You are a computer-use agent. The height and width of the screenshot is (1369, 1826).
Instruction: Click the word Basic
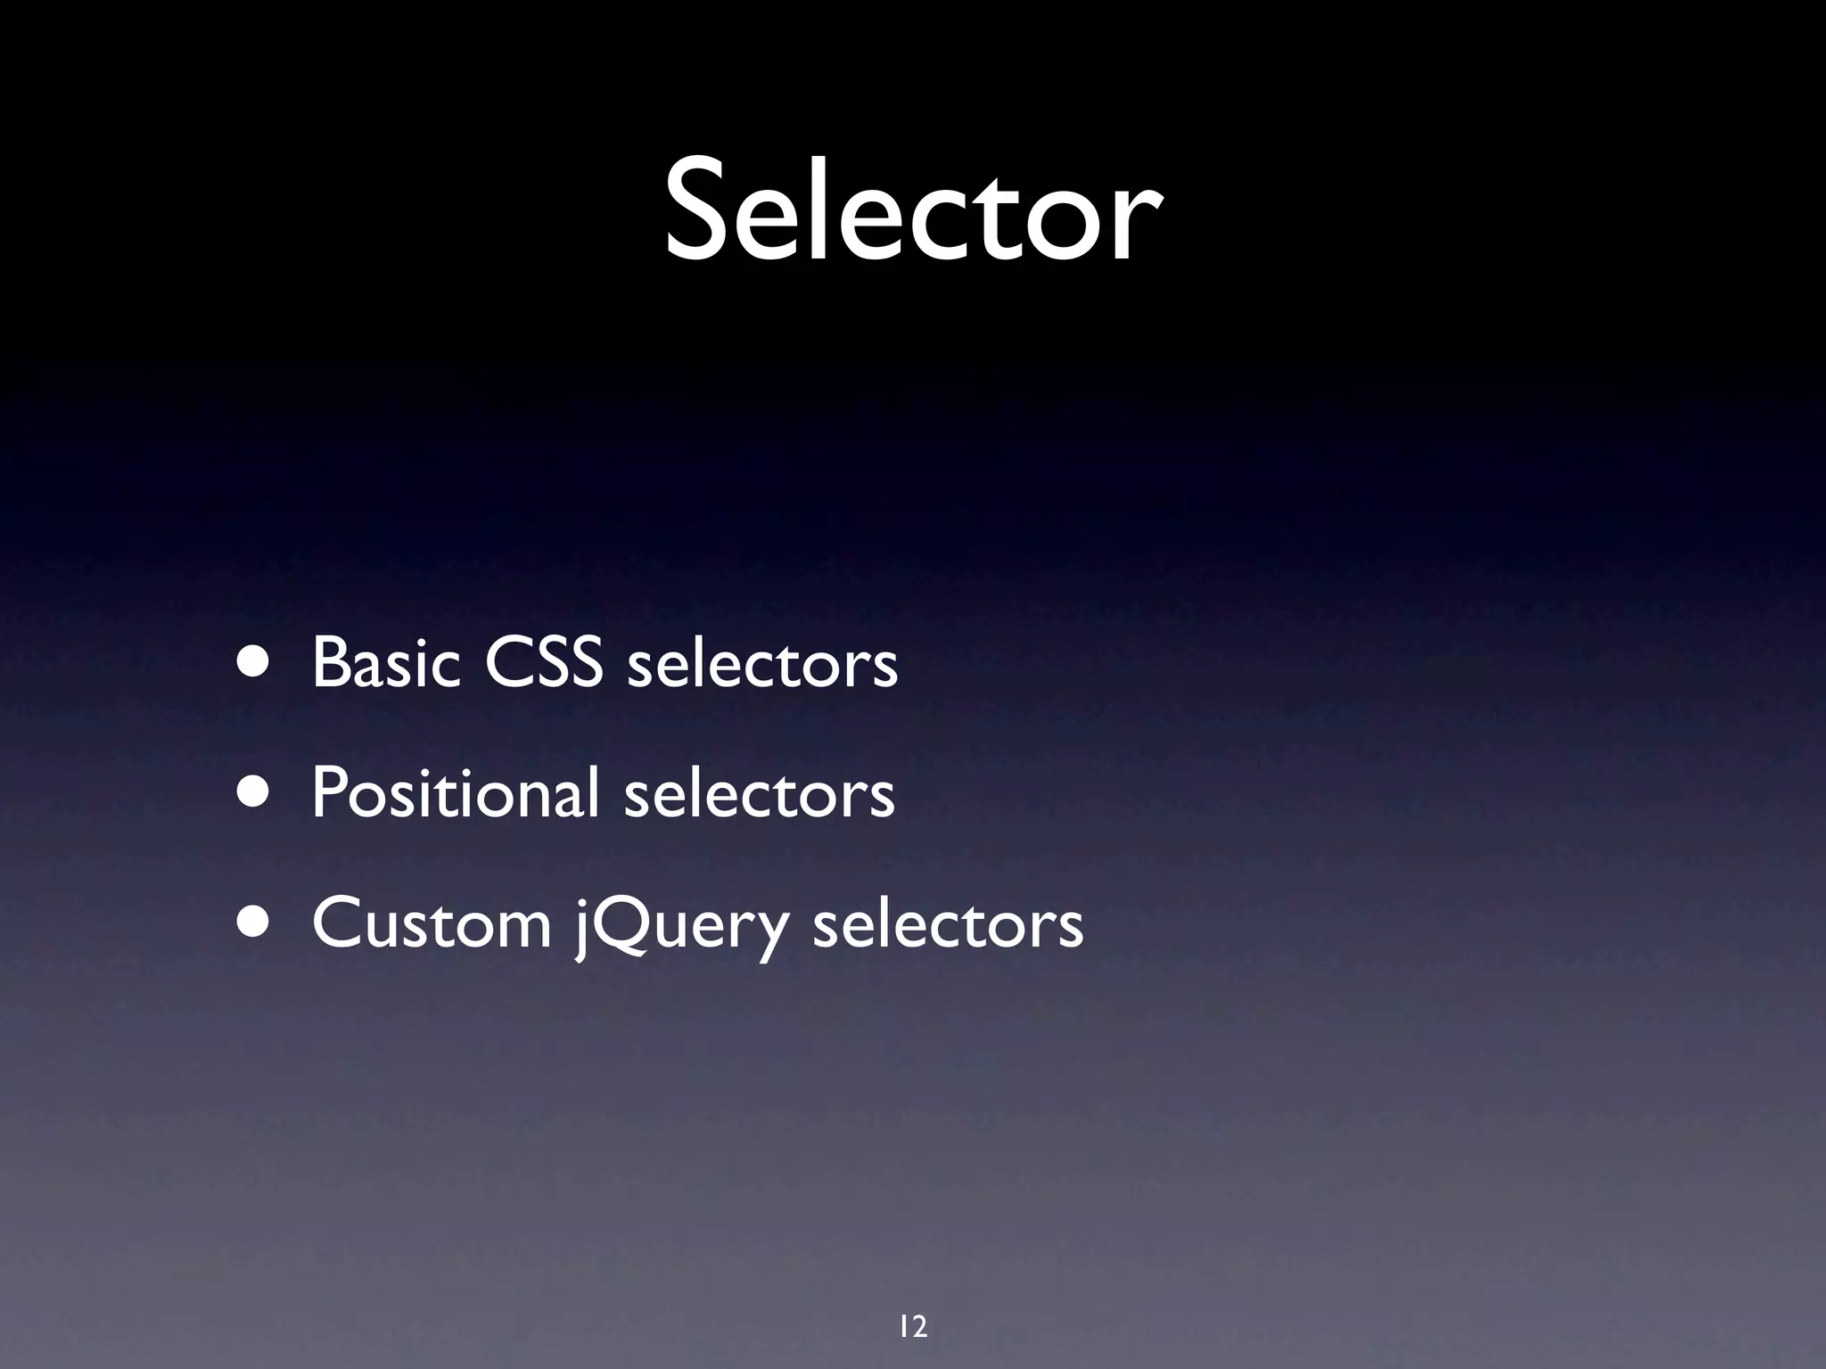(386, 664)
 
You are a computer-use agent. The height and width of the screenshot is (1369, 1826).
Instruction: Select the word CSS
(543, 664)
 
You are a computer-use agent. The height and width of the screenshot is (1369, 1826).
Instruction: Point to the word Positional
(455, 793)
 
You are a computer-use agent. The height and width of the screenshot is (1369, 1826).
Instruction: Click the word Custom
(432, 924)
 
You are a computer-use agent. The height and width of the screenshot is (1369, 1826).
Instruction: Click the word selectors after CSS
(762, 664)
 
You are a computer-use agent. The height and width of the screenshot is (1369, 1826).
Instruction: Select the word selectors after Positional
(759, 793)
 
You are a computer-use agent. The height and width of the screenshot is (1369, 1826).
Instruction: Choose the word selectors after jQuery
(948, 924)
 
